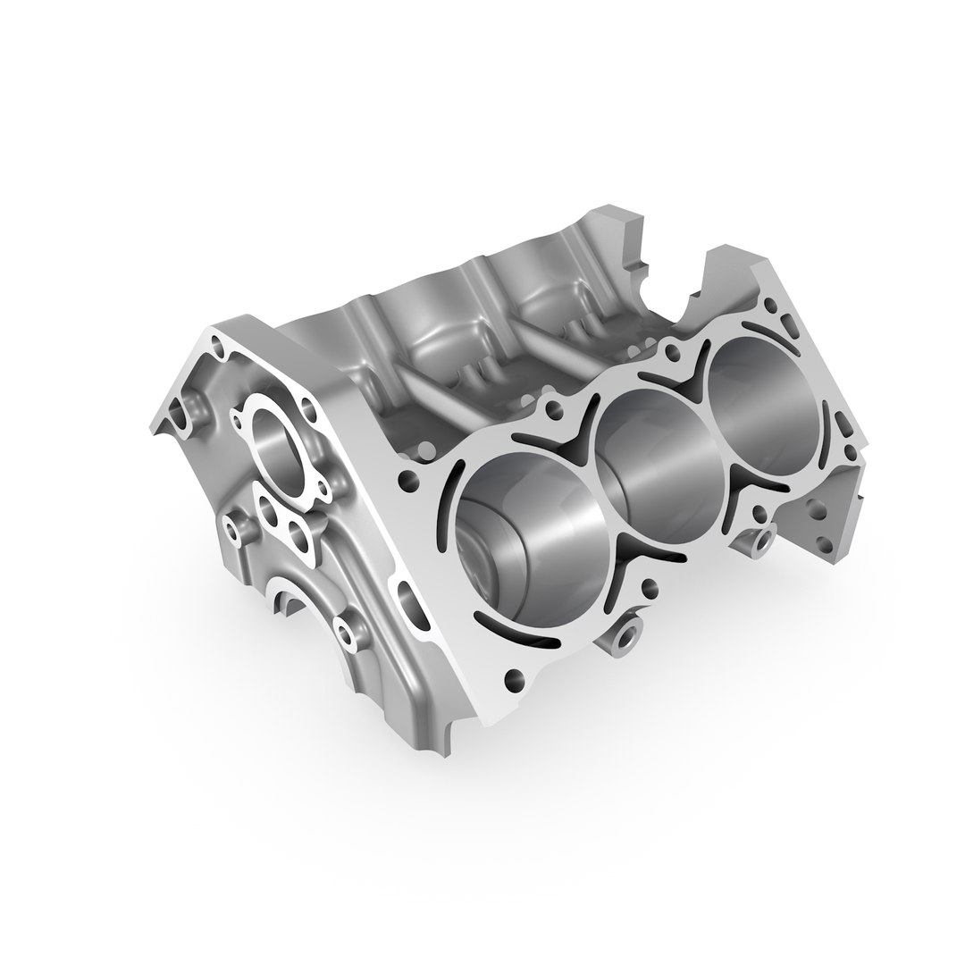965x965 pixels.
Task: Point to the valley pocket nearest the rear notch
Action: coord(554,304)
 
